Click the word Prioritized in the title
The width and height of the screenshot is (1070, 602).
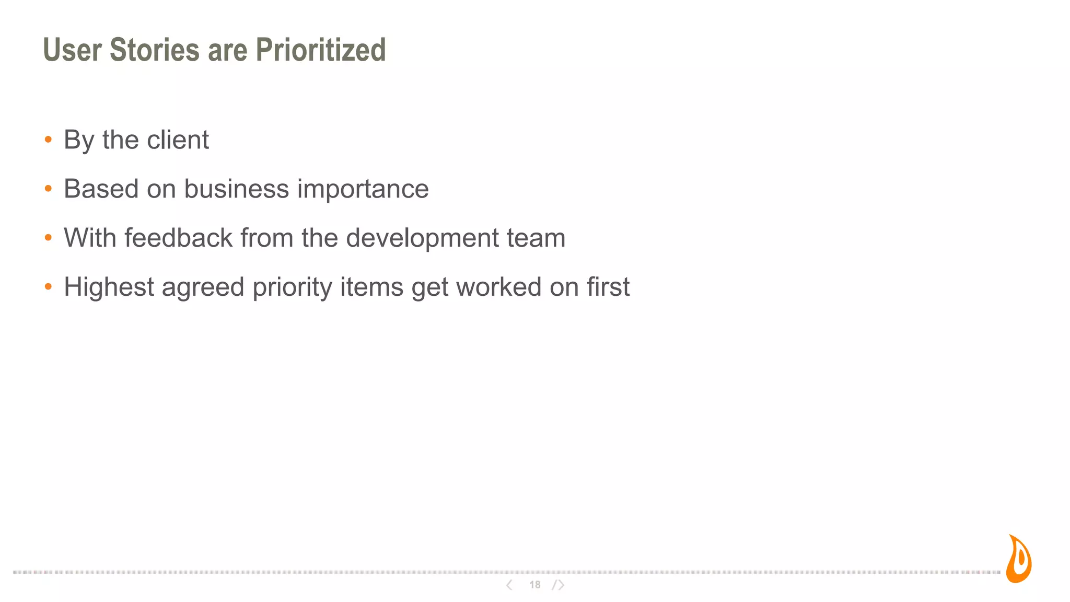pyautogui.click(x=320, y=50)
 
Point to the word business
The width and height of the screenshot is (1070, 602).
pyautogui.click(x=236, y=189)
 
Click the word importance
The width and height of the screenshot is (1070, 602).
pyautogui.click(x=363, y=189)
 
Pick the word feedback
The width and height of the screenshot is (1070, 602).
pyautogui.click(x=178, y=238)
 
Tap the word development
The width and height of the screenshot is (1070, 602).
pyautogui.click(x=422, y=239)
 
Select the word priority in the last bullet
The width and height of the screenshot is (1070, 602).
pyautogui.click(x=292, y=288)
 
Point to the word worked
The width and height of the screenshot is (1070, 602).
pyautogui.click(x=498, y=287)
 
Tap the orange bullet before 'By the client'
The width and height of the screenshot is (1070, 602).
pyautogui.click(x=49, y=140)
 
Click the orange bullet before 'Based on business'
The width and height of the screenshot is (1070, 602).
pyautogui.click(x=49, y=189)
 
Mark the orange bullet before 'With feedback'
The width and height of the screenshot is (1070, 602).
pyautogui.click(x=49, y=238)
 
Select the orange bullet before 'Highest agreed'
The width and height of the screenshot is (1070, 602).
pyautogui.click(x=49, y=287)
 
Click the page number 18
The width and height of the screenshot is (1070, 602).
pyautogui.click(x=534, y=585)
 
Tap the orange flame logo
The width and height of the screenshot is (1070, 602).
pyautogui.click(x=1019, y=560)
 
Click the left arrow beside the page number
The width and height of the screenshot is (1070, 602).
pyautogui.click(x=509, y=585)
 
